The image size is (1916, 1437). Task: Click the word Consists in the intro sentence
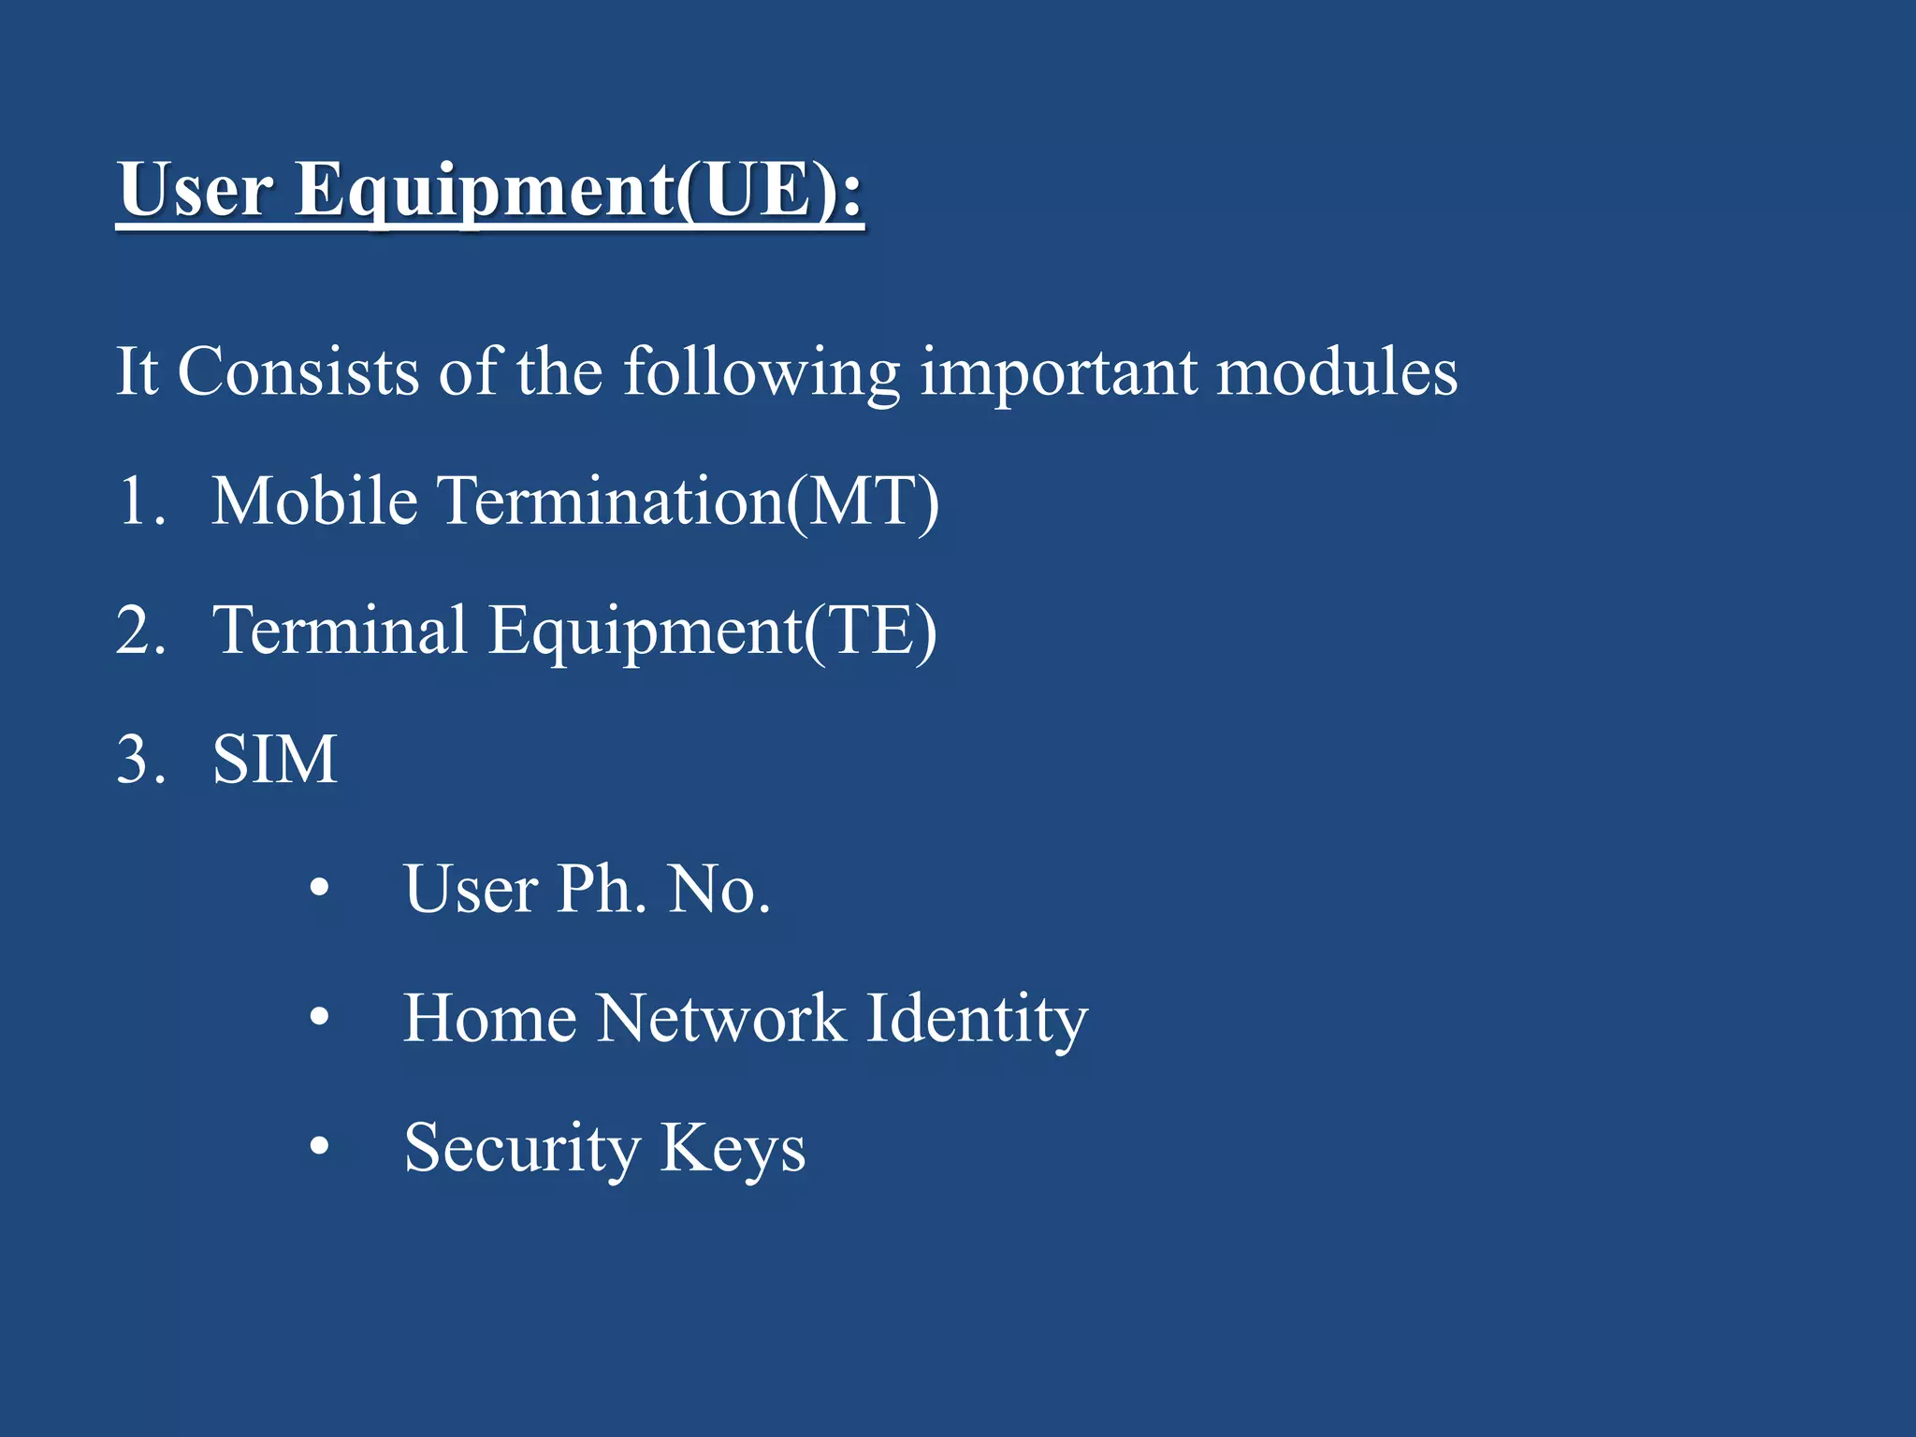(298, 372)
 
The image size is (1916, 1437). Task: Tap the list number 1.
(140, 501)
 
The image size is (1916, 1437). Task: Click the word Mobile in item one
(313, 501)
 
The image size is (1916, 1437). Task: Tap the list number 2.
(140, 631)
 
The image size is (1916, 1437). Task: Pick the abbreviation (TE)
(869, 632)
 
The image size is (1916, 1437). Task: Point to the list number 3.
(140, 760)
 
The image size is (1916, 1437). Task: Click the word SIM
(274, 760)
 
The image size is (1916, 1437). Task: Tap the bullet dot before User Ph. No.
(319, 889)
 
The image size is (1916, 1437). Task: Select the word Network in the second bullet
(720, 1018)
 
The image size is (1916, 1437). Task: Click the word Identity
(977, 1020)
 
